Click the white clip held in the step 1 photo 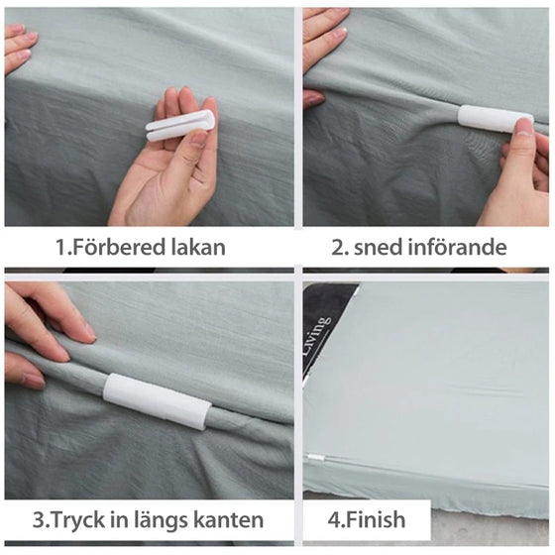(180, 124)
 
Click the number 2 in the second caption (336, 248)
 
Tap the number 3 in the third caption (38, 520)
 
